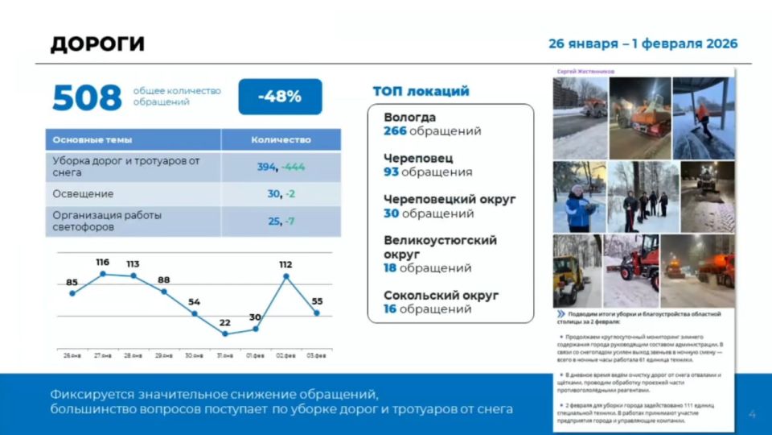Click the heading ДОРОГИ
point(97,44)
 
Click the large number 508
point(87,97)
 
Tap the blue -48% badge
point(280,97)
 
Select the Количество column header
point(281,139)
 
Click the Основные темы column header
point(92,139)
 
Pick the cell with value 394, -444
point(281,167)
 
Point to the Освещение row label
point(83,194)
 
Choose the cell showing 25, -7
point(281,221)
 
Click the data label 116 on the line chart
point(102,263)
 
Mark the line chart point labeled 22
point(225,333)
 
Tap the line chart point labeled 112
point(286,276)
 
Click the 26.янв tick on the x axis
point(72,354)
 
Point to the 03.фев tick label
point(318,354)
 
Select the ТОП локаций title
point(421,91)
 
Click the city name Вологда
point(410,118)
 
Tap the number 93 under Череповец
point(391,172)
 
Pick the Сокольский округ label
point(441,295)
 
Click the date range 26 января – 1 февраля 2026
point(643,43)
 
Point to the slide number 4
point(752,414)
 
